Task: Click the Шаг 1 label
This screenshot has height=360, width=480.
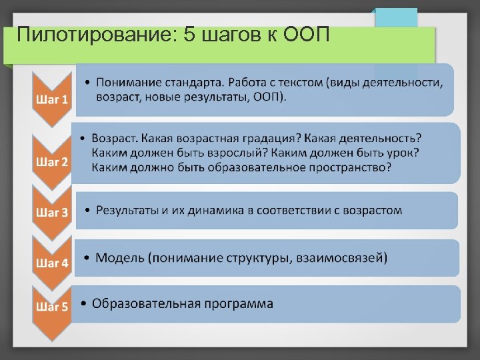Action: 51,100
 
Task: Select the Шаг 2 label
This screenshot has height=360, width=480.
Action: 51,162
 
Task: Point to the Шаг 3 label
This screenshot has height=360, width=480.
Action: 51,213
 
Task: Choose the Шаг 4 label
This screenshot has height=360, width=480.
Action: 51,263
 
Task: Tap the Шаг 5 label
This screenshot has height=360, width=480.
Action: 51,307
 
